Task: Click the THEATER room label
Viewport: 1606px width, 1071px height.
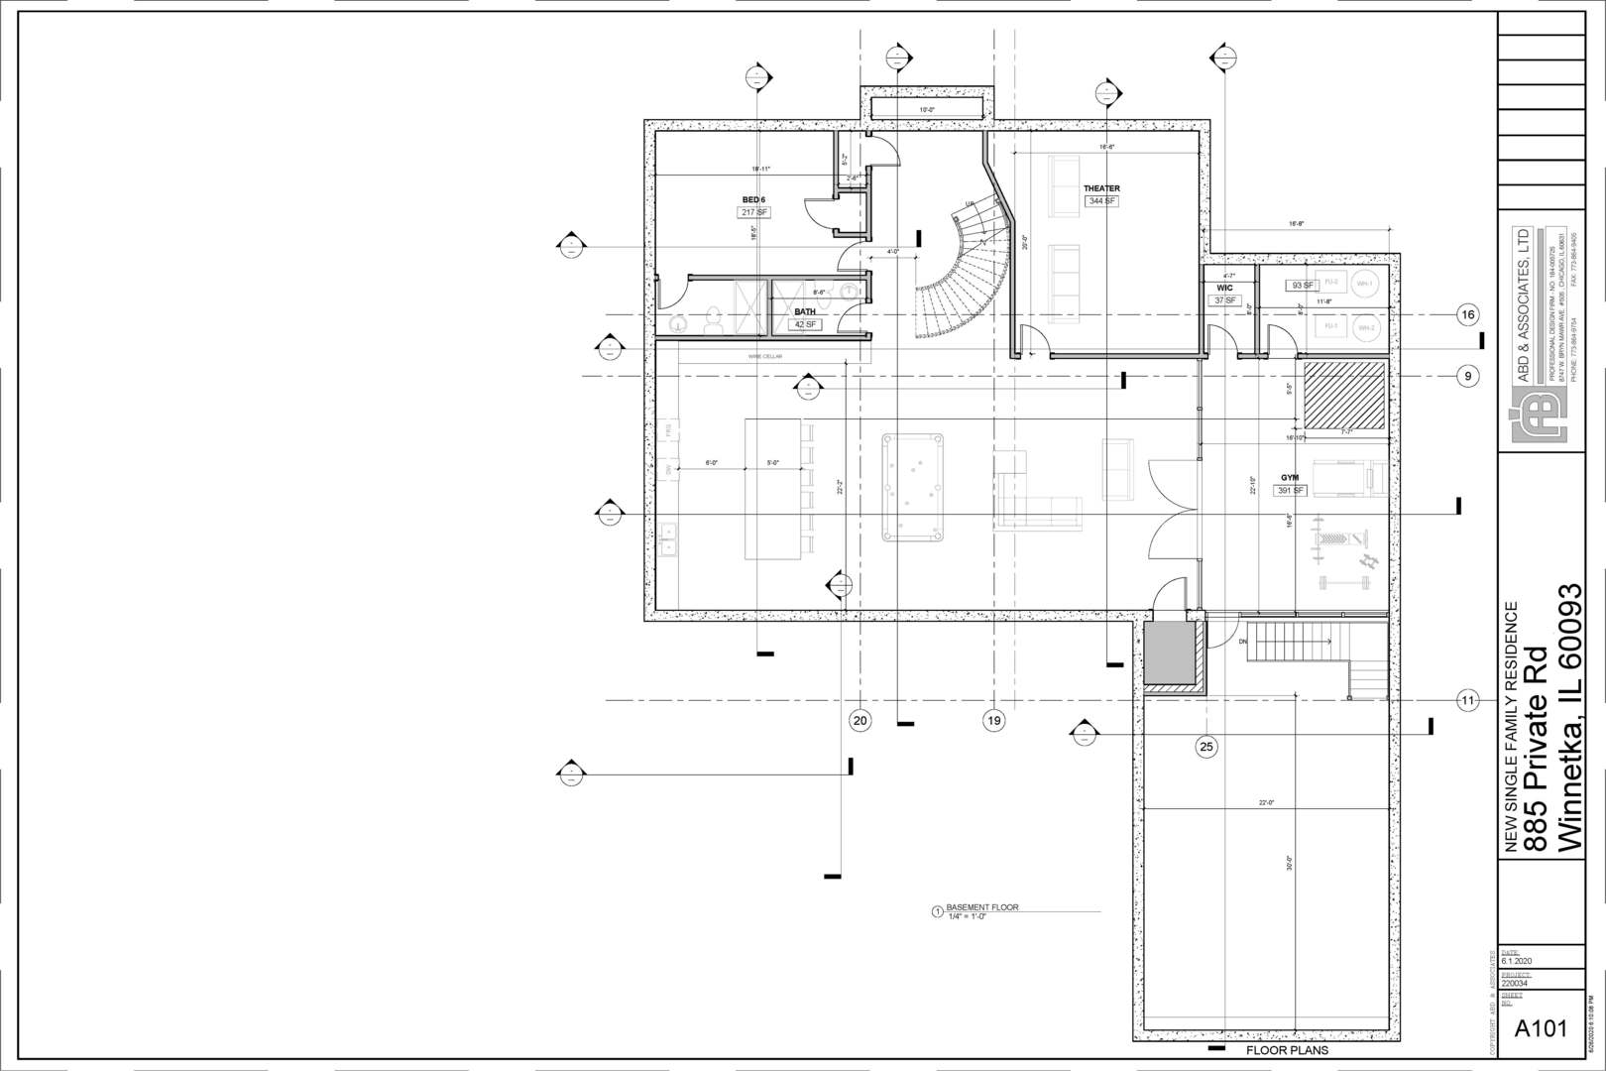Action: coord(1101,188)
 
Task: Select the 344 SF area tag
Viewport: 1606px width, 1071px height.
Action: coord(1101,201)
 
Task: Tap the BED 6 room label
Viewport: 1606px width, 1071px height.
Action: coord(753,199)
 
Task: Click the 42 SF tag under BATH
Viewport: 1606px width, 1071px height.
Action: coord(805,324)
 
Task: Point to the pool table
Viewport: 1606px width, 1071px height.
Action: coord(913,487)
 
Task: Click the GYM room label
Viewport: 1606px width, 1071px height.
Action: coord(1290,477)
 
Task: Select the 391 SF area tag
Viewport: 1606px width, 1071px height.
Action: coord(1291,491)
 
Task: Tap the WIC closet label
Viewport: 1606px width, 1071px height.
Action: coord(1225,288)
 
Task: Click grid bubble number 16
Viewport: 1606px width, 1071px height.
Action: coord(1467,315)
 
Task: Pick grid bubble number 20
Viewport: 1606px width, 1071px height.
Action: coord(860,721)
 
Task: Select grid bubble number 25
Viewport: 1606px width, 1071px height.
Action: coord(1206,747)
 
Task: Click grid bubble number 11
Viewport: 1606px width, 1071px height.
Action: coord(1467,701)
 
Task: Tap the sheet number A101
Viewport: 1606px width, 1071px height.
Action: coord(1542,1028)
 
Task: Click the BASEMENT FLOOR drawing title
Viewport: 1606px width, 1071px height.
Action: coord(981,907)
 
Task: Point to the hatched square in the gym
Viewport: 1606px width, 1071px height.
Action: coord(1344,396)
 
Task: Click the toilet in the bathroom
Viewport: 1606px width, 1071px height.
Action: coord(711,321)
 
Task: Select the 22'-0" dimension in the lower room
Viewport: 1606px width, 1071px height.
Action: coord(1266,803)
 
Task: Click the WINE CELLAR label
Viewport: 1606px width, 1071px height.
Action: coord(765,356)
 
